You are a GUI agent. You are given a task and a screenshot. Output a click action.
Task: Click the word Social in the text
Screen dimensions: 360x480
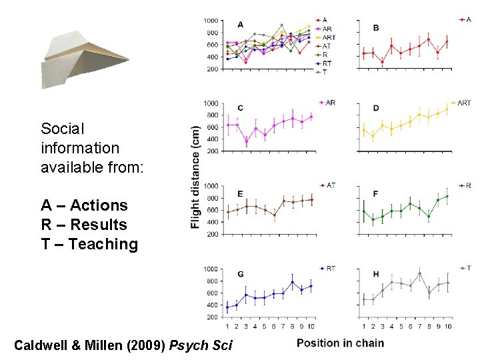[62, 129]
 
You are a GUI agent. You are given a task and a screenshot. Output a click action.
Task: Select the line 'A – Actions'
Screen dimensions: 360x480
[84, 205]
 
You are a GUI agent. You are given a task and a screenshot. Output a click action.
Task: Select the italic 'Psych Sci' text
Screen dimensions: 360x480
[201, 345]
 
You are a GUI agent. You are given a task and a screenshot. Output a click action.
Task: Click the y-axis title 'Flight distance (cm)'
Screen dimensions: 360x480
[195, 177]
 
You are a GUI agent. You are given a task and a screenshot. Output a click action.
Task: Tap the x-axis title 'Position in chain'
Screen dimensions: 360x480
[340, 343]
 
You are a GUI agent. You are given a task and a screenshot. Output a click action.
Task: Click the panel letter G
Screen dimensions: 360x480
[240, 274]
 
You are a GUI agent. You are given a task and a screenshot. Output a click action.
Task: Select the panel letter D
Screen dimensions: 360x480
[376, 108]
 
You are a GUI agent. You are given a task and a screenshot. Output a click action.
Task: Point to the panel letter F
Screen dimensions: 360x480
[376, 193]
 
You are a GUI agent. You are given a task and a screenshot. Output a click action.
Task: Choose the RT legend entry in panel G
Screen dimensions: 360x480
[329, 268]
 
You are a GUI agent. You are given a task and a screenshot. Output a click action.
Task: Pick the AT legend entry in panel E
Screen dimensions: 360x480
[329, 185]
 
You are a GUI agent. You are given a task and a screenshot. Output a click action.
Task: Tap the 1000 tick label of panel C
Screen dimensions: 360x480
[211, 103]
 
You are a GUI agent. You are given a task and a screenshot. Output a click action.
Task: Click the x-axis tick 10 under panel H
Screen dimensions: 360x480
[448, 326]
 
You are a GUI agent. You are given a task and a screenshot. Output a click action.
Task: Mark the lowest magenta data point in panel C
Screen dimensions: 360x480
[246, 141]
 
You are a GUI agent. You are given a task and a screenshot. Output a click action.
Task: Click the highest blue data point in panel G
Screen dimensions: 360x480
[292, 282]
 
